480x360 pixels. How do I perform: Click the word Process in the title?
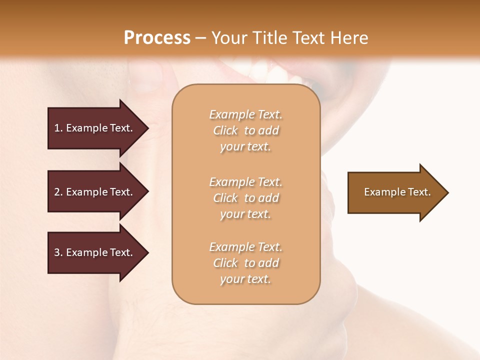tap(157, 38)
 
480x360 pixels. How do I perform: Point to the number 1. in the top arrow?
tap(58, 128)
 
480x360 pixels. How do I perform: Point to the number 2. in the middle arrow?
tap(58, 192)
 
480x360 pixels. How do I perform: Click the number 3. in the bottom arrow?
tap(58, 252)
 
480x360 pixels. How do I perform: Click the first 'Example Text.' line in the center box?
tap(245, 114)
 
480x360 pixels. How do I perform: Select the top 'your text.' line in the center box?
tap(245, 147)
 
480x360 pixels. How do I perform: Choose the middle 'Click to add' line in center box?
tap(245, 198)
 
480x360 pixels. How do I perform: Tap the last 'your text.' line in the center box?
tap(245, 279)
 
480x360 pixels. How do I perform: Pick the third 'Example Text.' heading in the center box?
tap(245, 247)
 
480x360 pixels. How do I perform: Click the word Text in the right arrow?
tap(419, 192)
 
